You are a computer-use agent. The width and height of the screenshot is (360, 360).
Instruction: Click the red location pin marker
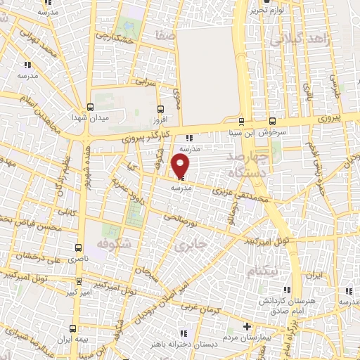(x=181, y=166)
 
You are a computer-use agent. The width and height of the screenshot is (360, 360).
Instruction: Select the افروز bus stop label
(x=161, y=119)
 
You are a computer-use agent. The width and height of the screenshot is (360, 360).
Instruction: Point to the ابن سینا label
(x=242, y=131)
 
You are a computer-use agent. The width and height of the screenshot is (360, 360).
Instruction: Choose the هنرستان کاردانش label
(x=288, y=300)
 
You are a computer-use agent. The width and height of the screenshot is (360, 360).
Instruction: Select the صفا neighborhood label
(x=166, y=34)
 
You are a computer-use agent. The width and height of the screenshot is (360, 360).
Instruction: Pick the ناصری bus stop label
(x=78, y=259)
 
